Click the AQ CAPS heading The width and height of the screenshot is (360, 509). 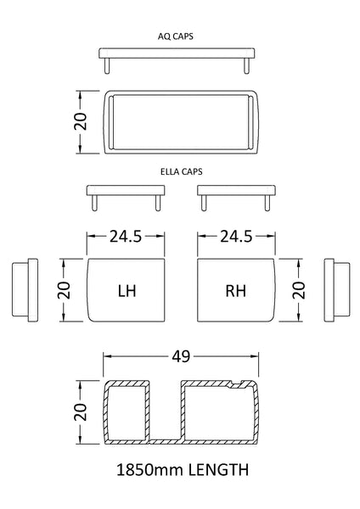pyautogui.click(x=180, y=37)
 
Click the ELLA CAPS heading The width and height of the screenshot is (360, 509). pyautogui.click(x=180, y=170)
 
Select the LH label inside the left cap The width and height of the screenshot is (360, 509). pyautogui.click(x=127, y=291)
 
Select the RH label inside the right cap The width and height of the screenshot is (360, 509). pyautogui.click(x=236, y=291)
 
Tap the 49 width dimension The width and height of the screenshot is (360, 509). pyautogui.click(x=181, y=356)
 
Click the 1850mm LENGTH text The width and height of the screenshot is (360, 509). pyautogui.click(x=180, y=468)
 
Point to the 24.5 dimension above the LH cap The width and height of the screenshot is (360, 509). pyautogui.click(x=126, y=238)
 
